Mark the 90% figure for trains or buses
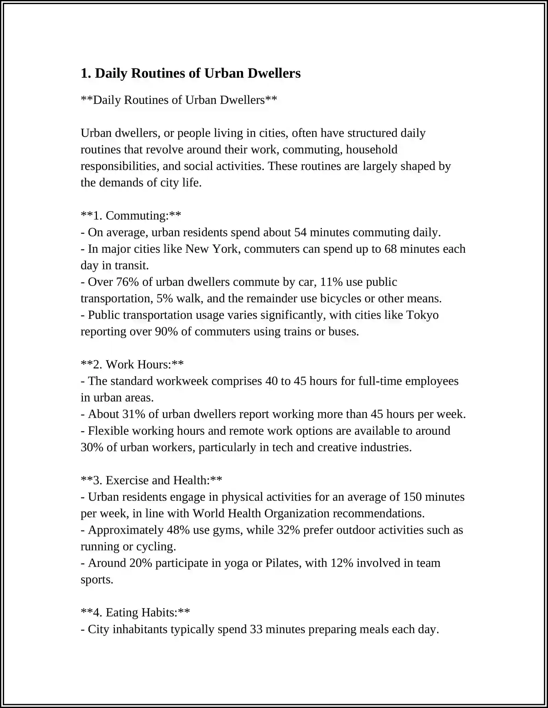coord(166,332)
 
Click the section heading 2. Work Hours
coord(132,365)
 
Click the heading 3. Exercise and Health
coord(151,481)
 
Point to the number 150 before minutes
coord(412,497)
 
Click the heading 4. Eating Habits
coord(135,613)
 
